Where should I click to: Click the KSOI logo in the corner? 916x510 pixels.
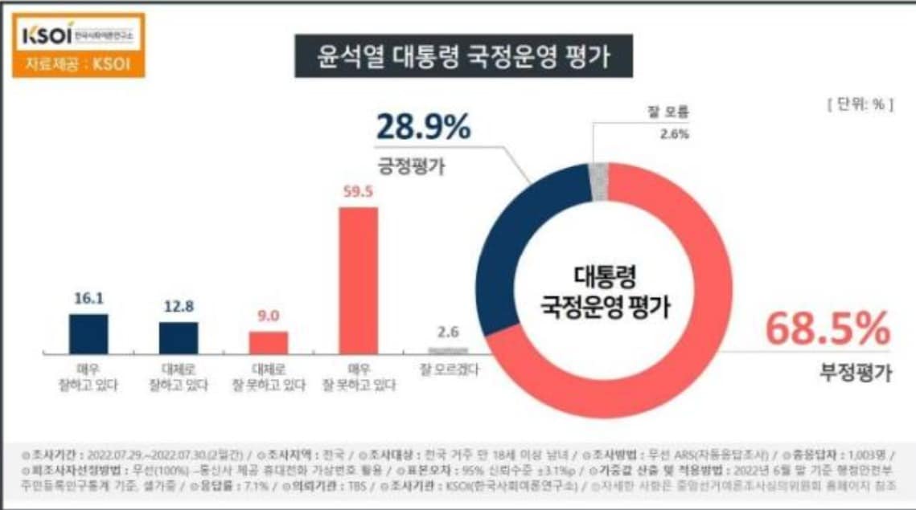(x=78, y=35)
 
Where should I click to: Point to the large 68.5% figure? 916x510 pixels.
(x=828, y=330)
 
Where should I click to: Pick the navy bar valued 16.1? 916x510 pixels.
(x=88, y=333)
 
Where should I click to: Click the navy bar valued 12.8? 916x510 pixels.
(x=179, y=337)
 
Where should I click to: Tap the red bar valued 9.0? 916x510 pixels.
(x=268, y=342)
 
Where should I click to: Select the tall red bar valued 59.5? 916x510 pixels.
(x=358, y=280)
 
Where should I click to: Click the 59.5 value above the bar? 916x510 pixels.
(x=358, y=193)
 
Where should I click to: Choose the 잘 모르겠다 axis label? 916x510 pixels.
(x=449, y=370)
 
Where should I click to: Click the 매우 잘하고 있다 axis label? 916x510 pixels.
(x=88, y=377)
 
